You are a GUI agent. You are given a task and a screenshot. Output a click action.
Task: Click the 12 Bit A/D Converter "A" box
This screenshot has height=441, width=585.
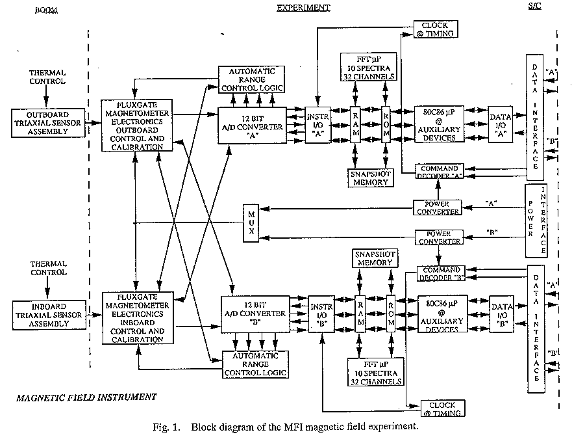(x=251, y=122)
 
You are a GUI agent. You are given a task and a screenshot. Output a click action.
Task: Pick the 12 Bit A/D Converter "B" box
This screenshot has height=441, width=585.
(x=254, y=313)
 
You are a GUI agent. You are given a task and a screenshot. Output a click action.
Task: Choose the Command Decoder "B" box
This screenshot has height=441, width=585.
(x=440, y=274)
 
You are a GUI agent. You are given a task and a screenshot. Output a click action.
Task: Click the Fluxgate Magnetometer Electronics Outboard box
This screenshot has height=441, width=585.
(x=137, y=125)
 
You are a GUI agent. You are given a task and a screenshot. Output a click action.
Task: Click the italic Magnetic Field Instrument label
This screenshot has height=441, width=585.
(x=86, y=396)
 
